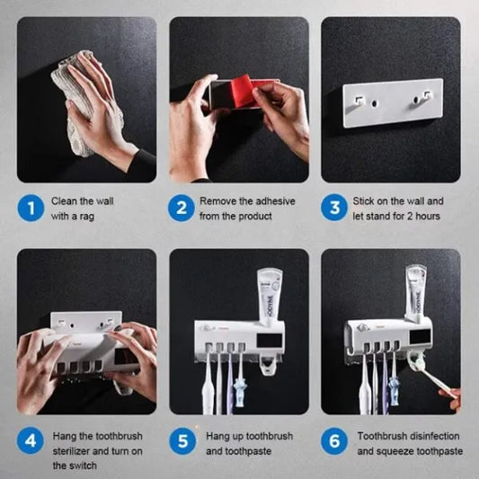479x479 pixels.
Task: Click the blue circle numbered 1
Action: coord(31,208)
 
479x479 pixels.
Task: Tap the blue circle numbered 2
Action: coord(182,208)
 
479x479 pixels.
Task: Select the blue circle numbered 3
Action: coord(334,208)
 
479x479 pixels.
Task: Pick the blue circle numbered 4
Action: coord(31,440)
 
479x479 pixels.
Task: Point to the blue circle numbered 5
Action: coord(182,441)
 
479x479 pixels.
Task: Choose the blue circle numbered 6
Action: coord(334,441)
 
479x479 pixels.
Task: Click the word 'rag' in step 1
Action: coord(87,217)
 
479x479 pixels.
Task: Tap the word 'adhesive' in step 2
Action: coord(275,201)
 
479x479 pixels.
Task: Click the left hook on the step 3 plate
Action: coord(359,100)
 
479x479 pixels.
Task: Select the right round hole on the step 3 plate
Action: coord(416,100)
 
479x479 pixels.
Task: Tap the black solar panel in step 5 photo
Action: coord(269,341)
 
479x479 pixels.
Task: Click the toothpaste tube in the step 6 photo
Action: coord(416,293)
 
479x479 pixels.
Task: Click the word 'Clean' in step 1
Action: coord(64,201)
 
